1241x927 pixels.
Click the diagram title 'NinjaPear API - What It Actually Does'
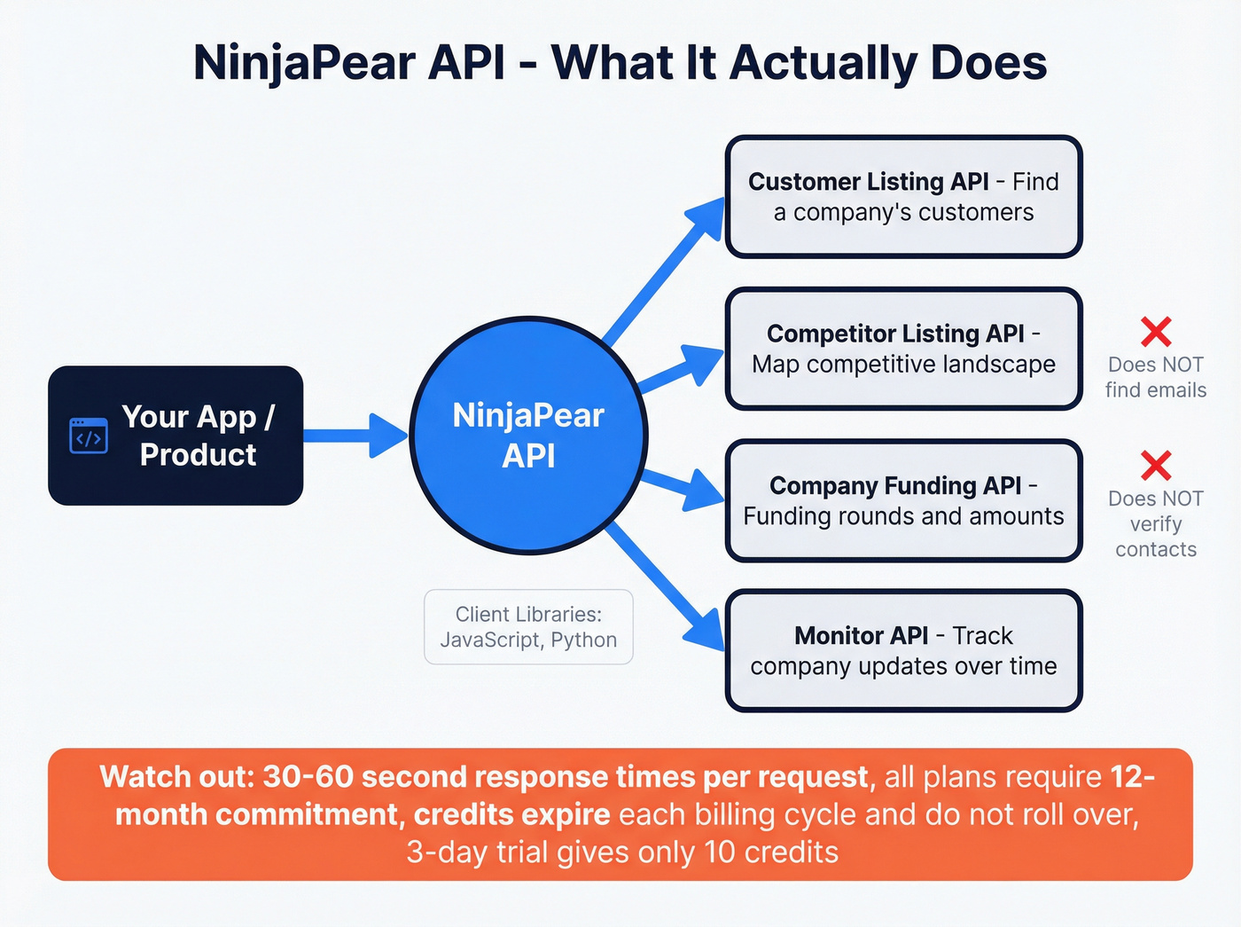click(620, 63)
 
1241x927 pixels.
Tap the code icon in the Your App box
click(89, 436)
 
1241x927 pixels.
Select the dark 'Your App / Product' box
click(176, 436)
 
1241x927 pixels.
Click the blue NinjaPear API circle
click(528, 436)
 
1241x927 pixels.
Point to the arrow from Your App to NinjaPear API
click(355, 435)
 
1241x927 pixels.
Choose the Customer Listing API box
click(903, 197)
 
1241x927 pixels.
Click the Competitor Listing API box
click(903, 349)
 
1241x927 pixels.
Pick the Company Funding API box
click(903, 500)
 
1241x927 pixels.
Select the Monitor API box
click(903, 651)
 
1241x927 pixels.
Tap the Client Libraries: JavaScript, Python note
click(528, 627)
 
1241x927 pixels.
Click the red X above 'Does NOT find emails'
click(1156, 332)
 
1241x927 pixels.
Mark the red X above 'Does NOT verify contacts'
click(1156, 466)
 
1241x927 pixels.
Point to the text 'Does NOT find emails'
click(1156, 377)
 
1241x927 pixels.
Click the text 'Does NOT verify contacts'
click(1156, 523)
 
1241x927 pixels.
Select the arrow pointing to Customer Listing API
click(665, 271)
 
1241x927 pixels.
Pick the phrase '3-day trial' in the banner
click(460, 852)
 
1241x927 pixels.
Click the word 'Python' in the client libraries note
click(583, 640)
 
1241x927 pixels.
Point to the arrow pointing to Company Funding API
click(683, 491)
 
